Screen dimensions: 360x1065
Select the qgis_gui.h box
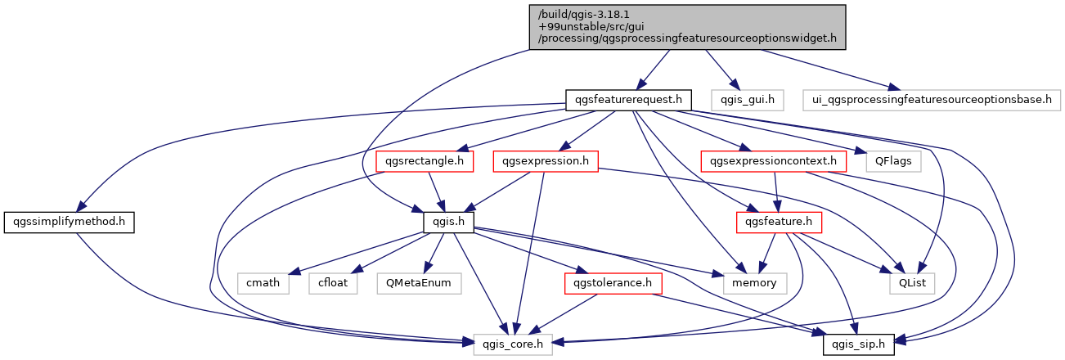click(747, 101)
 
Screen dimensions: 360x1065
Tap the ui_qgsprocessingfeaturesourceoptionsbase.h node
click(931, 101)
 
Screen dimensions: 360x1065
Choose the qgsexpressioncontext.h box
click(773, 161)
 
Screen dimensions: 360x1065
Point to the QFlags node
click(893, 161)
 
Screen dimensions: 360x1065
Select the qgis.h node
click(448, 222)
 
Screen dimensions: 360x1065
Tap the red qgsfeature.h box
click(780, 222)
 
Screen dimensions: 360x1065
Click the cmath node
click(263, 283)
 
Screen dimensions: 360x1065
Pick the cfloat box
click(330, 283)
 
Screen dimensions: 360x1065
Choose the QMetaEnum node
click(420, 283)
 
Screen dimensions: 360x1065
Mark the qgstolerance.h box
click(613, 283)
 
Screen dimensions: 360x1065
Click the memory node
click(754, 283)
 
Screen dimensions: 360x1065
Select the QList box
click(913, 283)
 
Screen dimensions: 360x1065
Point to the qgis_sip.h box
click(859, 344)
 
